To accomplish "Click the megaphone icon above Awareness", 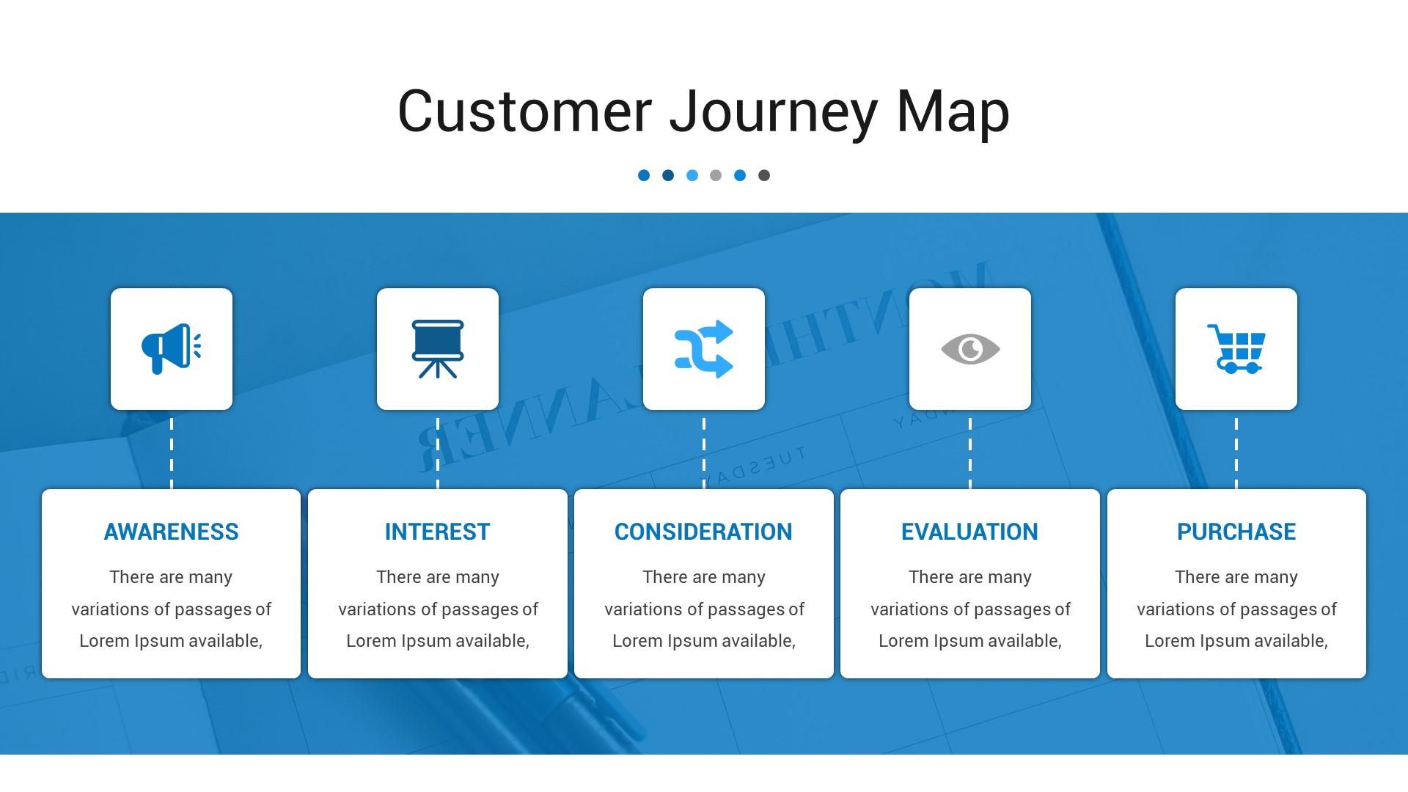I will point(171,349).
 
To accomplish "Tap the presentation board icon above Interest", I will point(438,349).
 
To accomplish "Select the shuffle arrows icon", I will point(704,349).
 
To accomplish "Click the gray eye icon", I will point(970,349).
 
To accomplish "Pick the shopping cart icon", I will point(1236,349).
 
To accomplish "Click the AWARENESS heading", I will point(171,532).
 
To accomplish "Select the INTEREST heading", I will point(438,532).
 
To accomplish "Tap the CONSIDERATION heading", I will point(703,532).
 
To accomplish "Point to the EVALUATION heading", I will point(969,532).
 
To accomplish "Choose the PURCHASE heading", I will point(1236,532).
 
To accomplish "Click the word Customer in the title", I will point(524,112).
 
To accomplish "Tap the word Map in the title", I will point(953,112).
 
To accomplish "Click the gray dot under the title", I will point(716,175).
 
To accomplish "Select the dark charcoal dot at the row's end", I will point(764,175).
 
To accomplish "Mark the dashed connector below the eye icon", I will point(970,451).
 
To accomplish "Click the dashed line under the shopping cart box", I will point(1236,451).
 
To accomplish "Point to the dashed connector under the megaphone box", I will point(172,451).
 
